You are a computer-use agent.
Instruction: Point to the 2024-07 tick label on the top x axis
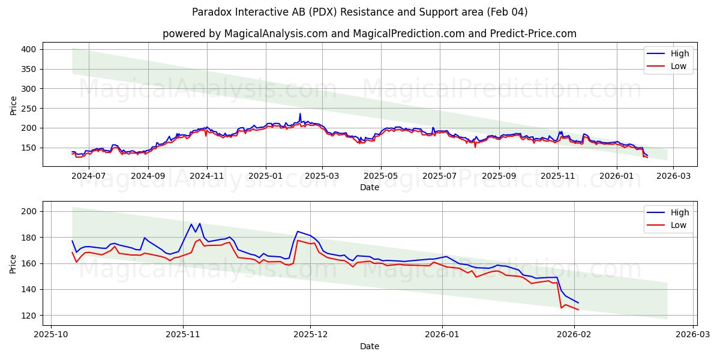(x=89, y=176)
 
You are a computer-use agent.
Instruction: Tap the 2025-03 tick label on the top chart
(x=322, y=176)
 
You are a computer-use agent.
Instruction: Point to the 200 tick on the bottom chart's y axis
(x=30, y=211)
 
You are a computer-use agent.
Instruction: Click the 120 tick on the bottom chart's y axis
(x=30, y=316)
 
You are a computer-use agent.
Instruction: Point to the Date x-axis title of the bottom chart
(x=370, y=346)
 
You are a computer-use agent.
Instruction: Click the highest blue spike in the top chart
(x=300, y=113)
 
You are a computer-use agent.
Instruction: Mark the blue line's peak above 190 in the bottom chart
(x=200, y=223)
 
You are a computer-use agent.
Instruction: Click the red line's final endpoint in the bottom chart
(x=578, y=310)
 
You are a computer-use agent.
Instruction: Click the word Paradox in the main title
(x=212, y=12)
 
